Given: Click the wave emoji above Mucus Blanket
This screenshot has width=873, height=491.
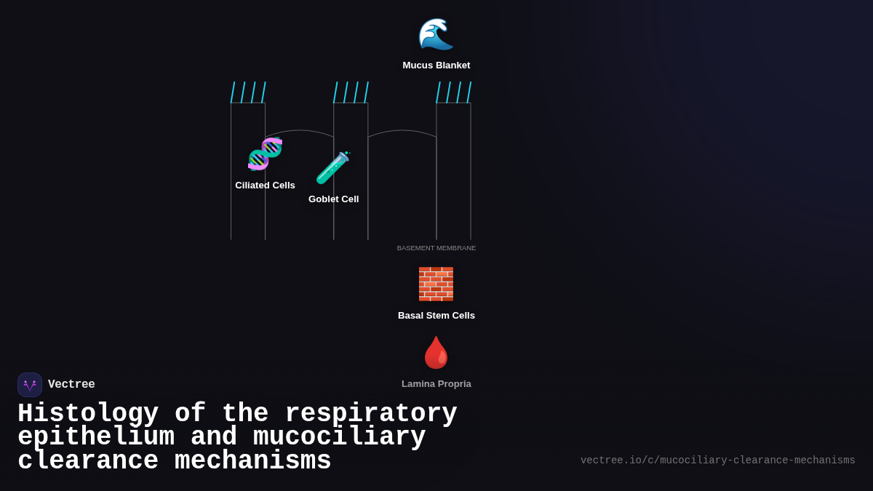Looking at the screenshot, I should click(x=436, y=34).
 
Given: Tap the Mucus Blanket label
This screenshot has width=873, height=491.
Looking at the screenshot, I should click(x=436, y=65).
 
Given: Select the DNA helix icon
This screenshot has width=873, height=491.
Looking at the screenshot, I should click(x=265, y=153).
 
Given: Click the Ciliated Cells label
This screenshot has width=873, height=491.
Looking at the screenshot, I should click(x=265, y=185).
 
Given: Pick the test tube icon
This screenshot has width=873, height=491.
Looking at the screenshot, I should click(x=333, y=167).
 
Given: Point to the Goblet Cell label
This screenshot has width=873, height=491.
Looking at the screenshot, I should click(x=333, y=199).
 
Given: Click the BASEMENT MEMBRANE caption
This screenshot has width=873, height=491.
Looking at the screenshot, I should click(x=436, y=248).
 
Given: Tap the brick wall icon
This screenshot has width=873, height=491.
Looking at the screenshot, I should click(x=436, y=284).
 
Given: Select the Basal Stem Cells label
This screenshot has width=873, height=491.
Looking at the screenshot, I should click(x=436, y=316).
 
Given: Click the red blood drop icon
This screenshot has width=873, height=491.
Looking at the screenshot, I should click(x=436, y=353).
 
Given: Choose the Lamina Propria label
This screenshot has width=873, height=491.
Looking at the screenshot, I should click(x=436, y=384).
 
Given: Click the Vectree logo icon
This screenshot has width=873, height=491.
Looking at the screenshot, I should click(x=30, y=385).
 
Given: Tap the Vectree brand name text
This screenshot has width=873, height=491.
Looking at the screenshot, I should click(x=71, y=385).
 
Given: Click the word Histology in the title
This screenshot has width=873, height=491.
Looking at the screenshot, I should click(x=88, y=413).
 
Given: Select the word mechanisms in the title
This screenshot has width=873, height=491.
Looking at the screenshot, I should click(x=252, y=461).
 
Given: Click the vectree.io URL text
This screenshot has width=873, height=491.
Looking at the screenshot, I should click(x=717, y=460).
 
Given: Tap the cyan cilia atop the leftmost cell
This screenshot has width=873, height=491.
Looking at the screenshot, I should click(x=248, y=92).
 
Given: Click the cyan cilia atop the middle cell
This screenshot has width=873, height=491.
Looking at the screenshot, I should click(x=351, y=92).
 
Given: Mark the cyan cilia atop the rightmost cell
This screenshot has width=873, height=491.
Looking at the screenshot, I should click(x=453, y=92).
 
